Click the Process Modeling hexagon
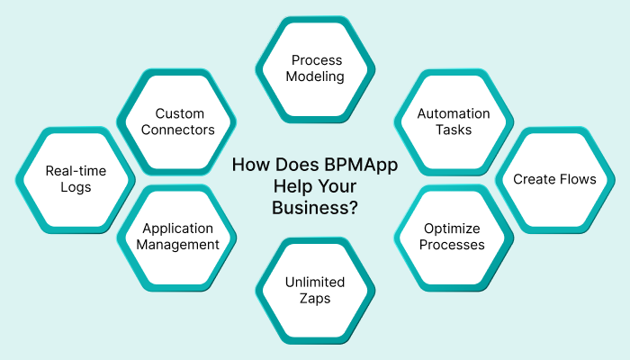315,68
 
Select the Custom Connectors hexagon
179,121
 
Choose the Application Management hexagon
179,237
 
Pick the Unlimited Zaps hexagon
315,290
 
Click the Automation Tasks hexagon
453,121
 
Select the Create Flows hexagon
554,179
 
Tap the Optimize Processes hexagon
453,237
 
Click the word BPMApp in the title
358,165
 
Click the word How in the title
249,165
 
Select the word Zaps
315,298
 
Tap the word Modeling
315,76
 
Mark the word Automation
453,113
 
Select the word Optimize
453,229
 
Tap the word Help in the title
292,186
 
